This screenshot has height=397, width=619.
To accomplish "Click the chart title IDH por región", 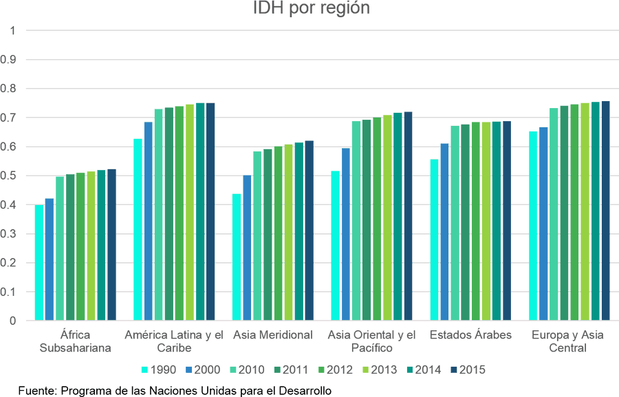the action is tap(312, 8).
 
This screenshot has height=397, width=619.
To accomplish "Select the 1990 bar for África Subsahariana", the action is tap(39, 262).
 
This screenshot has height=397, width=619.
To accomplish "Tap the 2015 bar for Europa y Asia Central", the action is tap(605, 211).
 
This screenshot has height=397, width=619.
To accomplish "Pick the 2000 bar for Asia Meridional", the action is tap(247, 248).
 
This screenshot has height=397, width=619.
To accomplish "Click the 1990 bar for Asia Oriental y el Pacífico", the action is tap(336, 246).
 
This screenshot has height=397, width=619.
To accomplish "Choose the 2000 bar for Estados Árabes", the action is tap(444, 232).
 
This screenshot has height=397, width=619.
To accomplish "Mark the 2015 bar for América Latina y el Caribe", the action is tap(210, 211).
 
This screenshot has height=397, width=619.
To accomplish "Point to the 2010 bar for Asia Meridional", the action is tap(257, 236).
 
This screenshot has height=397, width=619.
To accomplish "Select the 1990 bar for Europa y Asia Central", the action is tap(533, 226).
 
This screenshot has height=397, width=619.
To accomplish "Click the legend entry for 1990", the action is tap(159, 369).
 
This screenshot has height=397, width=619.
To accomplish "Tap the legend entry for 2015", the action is tap(468, 369).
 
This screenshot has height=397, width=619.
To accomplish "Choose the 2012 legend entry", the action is tap(335, 369).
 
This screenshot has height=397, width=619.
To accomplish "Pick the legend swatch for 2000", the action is tap(188, 369).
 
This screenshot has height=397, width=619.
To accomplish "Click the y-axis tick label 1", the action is tap(12, 30).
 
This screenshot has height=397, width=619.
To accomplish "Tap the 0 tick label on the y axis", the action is tap(12, 321).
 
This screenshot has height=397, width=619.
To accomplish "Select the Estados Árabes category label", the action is tap(470, 335).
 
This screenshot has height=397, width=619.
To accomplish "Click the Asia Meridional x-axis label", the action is tap(273, 335).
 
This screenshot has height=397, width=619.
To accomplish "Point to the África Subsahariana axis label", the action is tap(76, 341).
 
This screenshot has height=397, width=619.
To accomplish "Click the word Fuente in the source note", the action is tap(38, 391).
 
